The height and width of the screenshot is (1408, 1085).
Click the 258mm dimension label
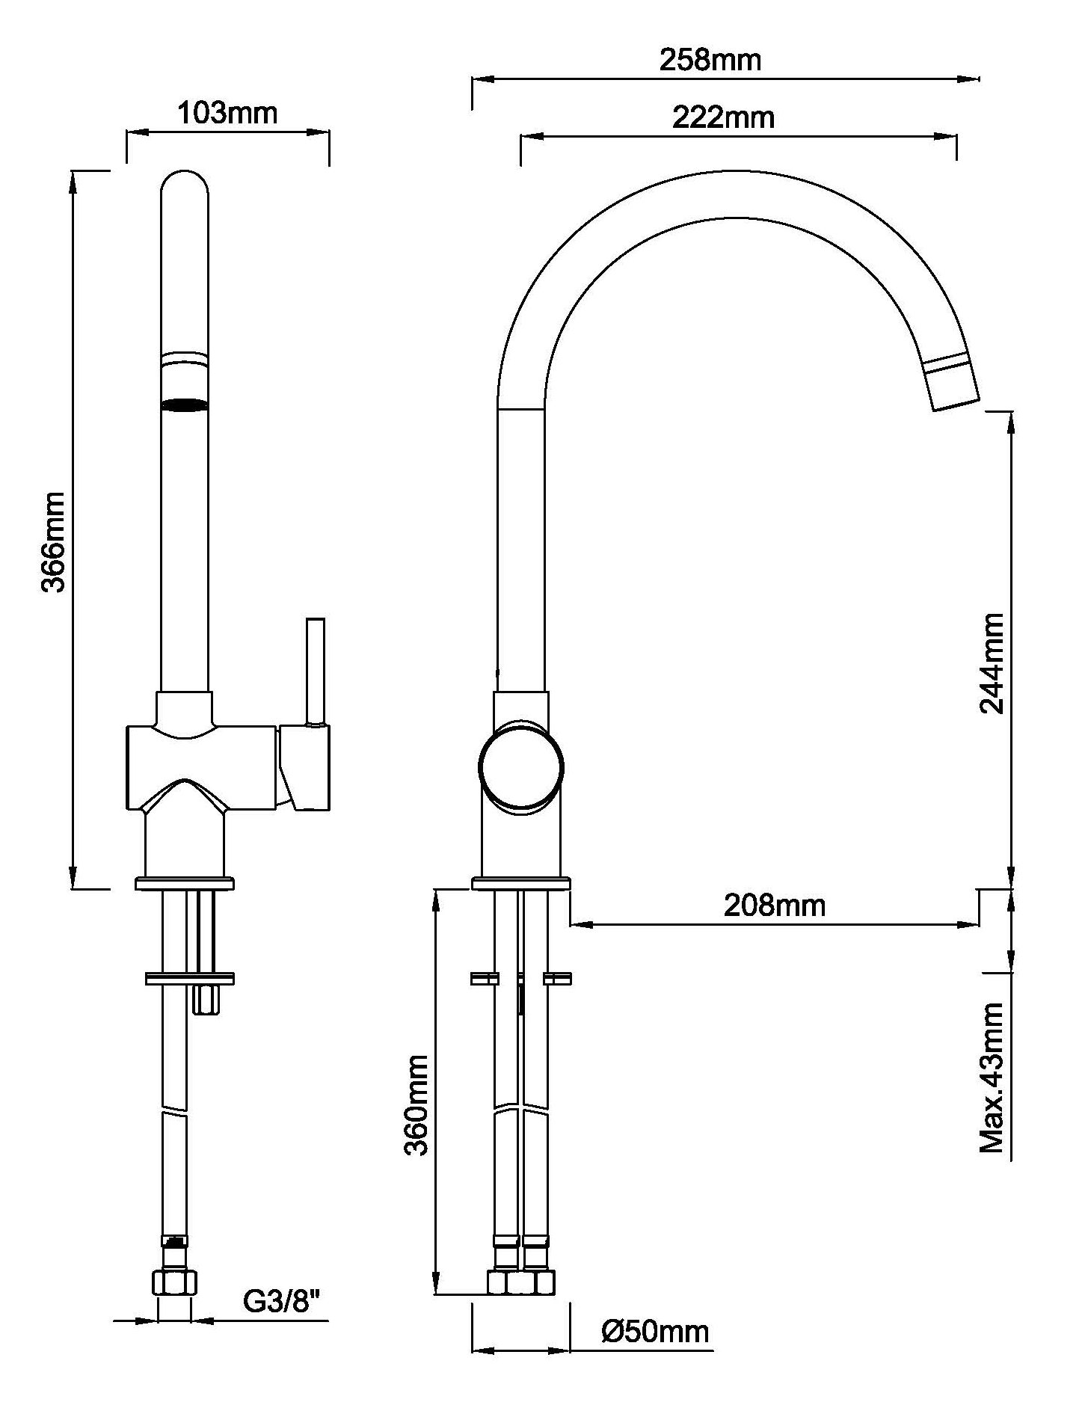(x=710, y=60)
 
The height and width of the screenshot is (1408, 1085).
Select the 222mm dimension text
(x=723, y=117)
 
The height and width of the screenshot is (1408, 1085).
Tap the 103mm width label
(x=227, y=113)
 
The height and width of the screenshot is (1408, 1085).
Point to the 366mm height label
(x=53, y=542)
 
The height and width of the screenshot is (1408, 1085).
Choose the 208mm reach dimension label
(x=775, y=906)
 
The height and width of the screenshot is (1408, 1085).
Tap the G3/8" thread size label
(x=282, y=1303)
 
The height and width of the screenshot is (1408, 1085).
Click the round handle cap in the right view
(x=521, y=768)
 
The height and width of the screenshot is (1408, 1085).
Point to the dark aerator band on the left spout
(x=185, y=405)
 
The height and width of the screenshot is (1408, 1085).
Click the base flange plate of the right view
(x=521, y=884)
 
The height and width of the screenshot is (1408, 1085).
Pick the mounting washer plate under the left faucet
(x=190, y=978)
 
